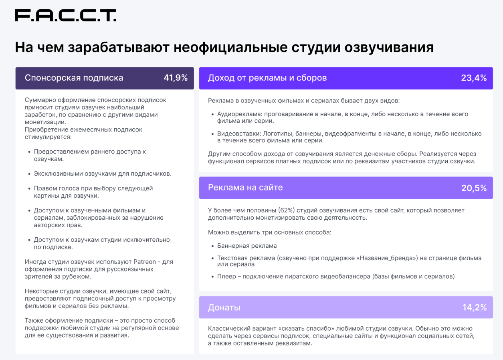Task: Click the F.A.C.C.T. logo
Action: tap(66, 15)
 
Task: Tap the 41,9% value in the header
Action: tap(176, 78)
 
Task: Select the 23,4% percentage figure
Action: tap(474, 78)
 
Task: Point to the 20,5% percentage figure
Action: tap(474, 188)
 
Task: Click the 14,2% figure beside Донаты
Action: tap(475, 307)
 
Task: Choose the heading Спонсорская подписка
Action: tap(74, 78)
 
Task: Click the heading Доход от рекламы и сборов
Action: tap(267, 78)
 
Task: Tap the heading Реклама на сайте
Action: tap(245, 187)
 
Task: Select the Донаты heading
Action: tap(224, 307)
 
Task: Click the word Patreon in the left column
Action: tap(145, 262)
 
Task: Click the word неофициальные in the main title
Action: tap(230, 47)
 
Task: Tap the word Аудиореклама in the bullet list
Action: tap(239, 114)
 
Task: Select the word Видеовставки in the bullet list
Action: tap(239, 133)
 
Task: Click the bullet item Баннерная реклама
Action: tap(247, 246)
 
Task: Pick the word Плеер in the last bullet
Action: tap(226, 276)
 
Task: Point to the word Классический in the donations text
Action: tap(228, 328)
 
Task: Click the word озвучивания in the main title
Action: tap(389, 47)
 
